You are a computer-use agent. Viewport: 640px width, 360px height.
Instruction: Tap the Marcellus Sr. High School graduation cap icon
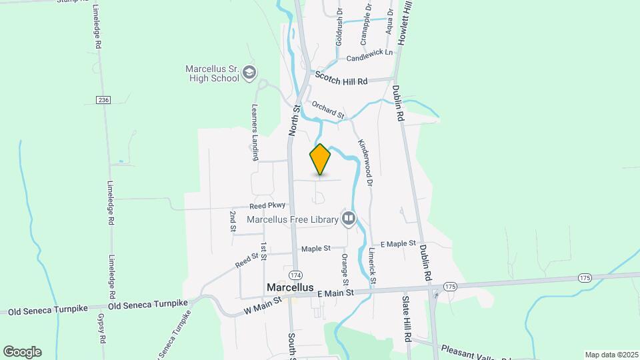(x=249, y=73)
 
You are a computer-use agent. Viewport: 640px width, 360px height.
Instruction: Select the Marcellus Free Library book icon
(x=348, y=218)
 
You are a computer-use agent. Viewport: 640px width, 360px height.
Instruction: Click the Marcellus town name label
(x=289, y=287)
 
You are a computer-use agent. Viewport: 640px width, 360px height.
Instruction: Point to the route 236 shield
(x=103, y=100)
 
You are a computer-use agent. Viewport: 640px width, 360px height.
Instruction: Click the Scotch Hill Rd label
(x=341, y=79)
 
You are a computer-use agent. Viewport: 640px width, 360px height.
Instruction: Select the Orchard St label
(x=327, y=110)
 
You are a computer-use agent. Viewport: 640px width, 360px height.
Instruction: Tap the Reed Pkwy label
(x=267, y=206)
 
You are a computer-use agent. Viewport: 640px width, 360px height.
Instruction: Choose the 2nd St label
(x=233, y=221)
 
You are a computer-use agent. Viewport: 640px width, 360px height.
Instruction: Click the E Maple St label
(x=398, y=244)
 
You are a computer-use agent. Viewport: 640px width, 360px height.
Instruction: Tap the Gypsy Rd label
(x=101, y=328)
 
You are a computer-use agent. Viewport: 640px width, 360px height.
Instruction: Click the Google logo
(x=22, y=351)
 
